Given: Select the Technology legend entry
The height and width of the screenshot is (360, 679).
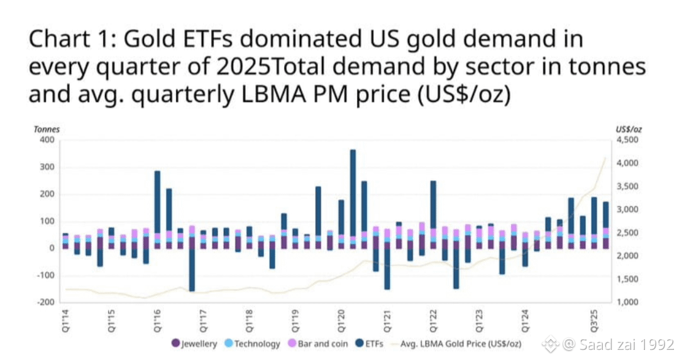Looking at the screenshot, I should click(252, 344).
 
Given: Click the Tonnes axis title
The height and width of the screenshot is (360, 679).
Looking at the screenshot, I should click(47, 129).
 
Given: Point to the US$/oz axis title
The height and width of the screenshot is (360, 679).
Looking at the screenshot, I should click(629, 129).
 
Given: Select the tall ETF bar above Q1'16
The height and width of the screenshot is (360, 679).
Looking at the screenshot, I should click(157, 201).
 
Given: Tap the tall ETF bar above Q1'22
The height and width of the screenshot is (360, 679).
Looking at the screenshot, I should click(433, 204).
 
